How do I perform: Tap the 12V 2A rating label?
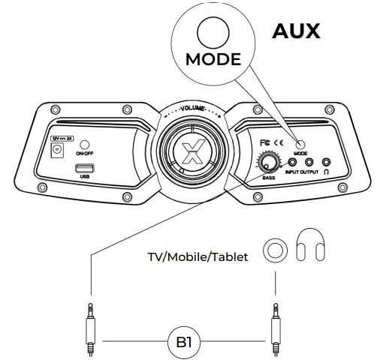(61, 138)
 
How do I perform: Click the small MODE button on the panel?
(300, 145)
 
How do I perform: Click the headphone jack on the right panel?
(327, 162)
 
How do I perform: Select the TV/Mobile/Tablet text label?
(202, 256)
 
